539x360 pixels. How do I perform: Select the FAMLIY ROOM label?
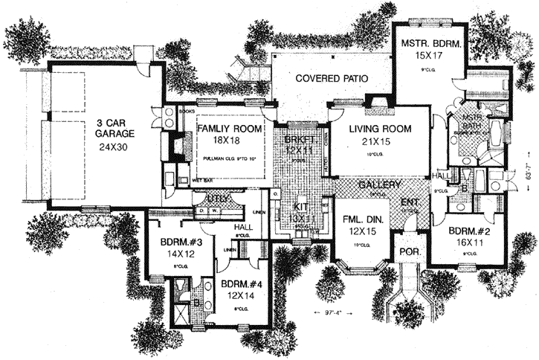pos(230,129)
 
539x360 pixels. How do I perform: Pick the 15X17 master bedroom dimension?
pos(431,57)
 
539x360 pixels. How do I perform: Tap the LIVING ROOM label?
pos(381,129)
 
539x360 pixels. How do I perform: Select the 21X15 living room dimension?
pos(381,141)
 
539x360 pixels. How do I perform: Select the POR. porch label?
pos(411,252)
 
